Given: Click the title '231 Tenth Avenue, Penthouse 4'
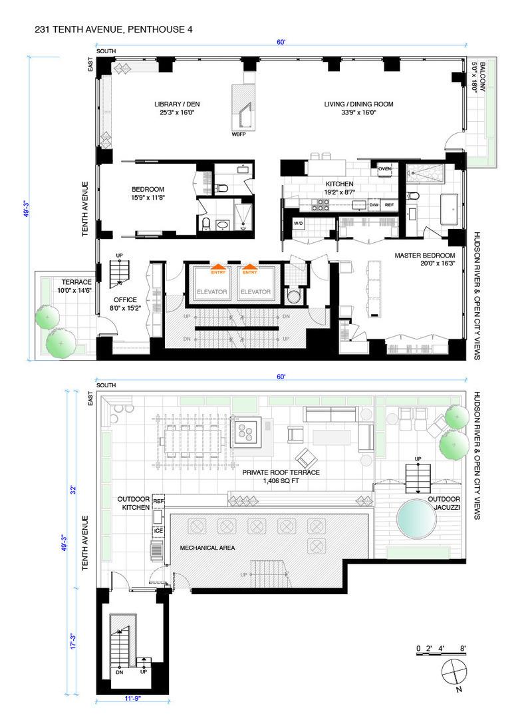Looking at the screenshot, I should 114,30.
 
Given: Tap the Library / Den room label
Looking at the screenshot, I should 177,108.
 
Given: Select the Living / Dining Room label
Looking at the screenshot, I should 359,108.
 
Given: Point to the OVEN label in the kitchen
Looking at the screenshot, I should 385,169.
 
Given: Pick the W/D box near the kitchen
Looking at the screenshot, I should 299,224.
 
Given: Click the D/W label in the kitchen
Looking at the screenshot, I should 374,205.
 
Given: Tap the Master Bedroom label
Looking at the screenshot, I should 424,259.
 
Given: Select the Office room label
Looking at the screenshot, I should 125,303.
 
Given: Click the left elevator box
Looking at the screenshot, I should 212,292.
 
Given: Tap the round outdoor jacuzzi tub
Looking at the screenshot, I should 419,519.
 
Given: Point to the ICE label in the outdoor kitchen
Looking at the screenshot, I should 158,531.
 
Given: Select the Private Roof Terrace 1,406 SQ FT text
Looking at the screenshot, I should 291,476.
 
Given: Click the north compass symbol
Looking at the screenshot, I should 453,672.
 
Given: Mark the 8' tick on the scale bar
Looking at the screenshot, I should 462,648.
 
